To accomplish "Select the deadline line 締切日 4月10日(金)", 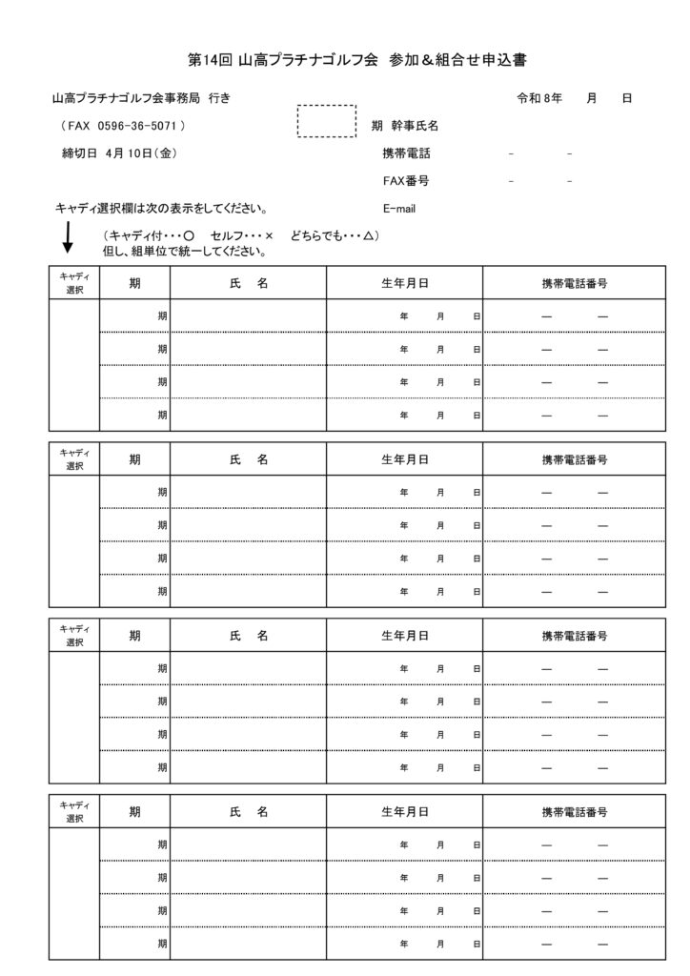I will pyautogui.click(x=116, y=152).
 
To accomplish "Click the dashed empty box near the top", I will pyautogui.click(x=327, y=121).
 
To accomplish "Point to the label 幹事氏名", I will pyautogui.click(x=415, y=126).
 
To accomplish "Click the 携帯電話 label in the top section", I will pyautogui.click(x=406, y=152).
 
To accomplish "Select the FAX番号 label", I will pyautogui.click(x=405, y=180).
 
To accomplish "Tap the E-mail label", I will pyautogui.click(x=399, y=209).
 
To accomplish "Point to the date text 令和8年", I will pyautogui.click(x=538, y=98).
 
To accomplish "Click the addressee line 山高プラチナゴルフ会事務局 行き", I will pyautogui.click(x=141, y=98).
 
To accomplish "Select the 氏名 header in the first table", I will pyautogui.click(x=249, y=282).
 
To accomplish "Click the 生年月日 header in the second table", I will pyautogui.click(x=404, y=459).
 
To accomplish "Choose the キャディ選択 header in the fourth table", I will pyautogui.click(x=74, y=813).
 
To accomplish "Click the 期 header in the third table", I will pyautogui.click(x=135, y=636).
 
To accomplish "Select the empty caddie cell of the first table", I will pyautogui.click(x=74, y=365).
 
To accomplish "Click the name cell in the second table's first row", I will pyautogui.click(x=249, y=493).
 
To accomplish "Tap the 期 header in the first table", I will pyautogui.click(x=135, y=282).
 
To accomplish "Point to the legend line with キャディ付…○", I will pyautogui.click(x=241, y=236).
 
